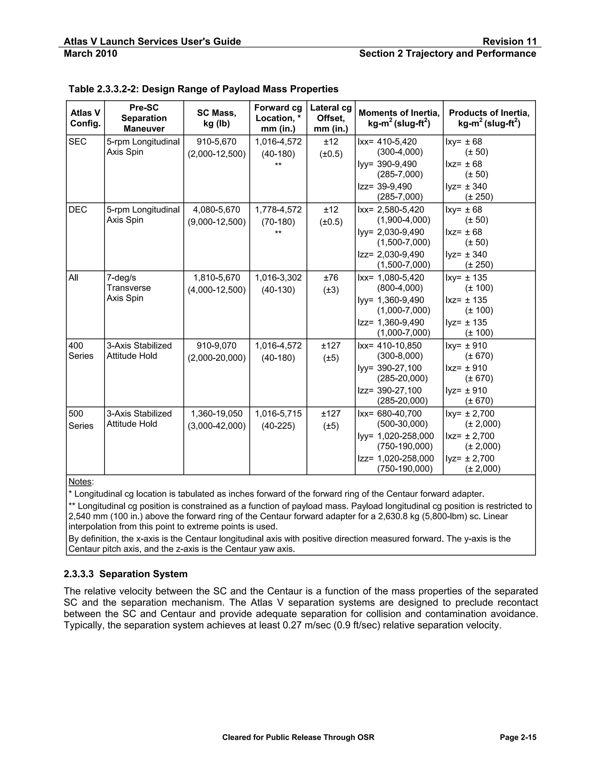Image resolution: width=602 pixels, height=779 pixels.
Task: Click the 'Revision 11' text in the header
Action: pos(509,41)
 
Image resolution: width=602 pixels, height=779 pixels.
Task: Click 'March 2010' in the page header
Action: pos(90,54)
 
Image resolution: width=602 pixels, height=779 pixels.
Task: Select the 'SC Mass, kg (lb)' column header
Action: pos(216,118)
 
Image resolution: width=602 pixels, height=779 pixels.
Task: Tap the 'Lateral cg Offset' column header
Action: pos(331,118)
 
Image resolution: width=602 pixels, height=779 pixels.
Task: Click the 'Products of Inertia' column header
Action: pos(489,118)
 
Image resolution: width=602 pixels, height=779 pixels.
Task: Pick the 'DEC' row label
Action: pos(78,210)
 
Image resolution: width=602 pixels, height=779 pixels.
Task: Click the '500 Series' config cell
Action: pos(81,419)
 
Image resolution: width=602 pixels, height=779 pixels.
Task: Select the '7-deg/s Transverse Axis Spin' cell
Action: pos(129,288)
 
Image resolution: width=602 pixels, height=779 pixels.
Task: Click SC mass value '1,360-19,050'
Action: pos(216,414)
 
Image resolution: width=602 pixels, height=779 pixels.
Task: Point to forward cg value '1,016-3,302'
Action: pos(278,278)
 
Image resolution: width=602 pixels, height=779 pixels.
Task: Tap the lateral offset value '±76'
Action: pos(331,278)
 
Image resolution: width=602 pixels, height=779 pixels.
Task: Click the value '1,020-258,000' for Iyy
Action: pos(405,436)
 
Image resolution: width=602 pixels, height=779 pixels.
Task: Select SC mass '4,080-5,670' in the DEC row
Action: pos(216,210)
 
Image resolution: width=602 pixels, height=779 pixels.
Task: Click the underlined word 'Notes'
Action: pos(80,482)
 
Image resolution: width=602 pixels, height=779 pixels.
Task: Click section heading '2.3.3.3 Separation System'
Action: pos(126,574)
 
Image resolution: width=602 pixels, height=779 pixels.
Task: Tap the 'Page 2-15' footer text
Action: pos(518,737)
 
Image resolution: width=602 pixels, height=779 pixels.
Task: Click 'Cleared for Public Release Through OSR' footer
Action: pos(298,737)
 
